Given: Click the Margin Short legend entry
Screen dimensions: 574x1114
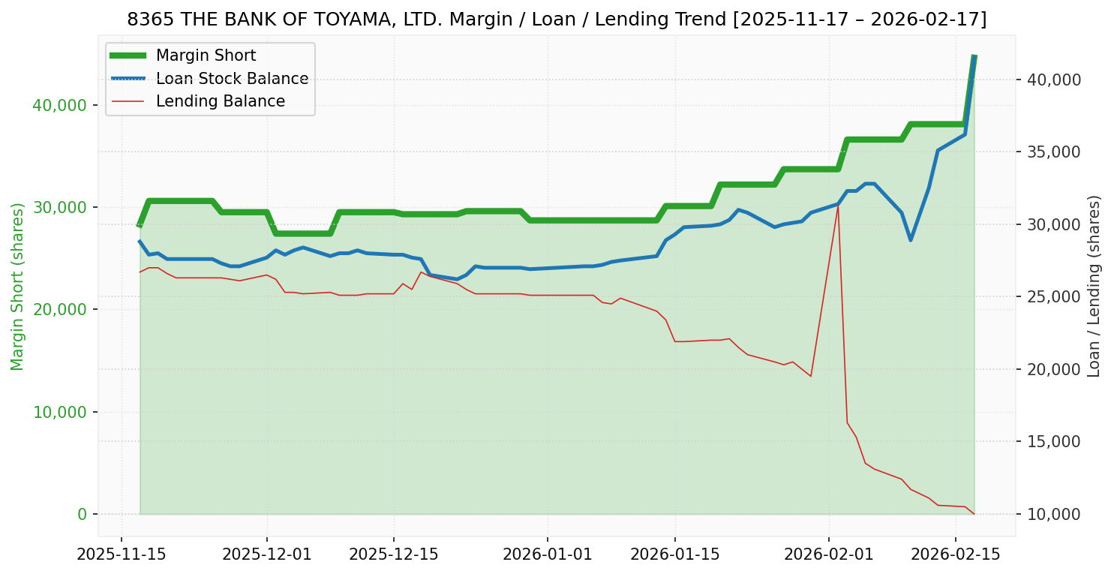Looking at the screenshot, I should click(206, 56).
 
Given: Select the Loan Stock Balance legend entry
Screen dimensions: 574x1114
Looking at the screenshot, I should click(232, 79).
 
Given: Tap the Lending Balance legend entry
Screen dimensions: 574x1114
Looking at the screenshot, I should click(220, 101).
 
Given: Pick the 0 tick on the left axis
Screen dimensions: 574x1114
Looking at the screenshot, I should click(83, 515).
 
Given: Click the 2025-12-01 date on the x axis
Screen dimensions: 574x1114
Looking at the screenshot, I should click(266, 557).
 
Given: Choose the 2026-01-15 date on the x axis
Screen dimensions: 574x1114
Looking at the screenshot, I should click(674, 557).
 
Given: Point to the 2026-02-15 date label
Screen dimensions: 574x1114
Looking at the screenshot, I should click(955, 557).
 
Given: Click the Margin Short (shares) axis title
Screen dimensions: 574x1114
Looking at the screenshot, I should click(18, 287).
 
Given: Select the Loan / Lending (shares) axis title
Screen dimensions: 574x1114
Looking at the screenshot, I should click(1094, 287).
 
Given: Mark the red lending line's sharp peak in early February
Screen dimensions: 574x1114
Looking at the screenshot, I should click(837, 205).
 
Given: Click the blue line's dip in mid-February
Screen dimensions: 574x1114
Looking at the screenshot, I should click(910, 240).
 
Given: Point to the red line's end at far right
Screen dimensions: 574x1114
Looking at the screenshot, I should click(974, 514).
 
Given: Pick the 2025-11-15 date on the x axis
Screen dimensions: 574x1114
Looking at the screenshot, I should click(122, 557).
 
